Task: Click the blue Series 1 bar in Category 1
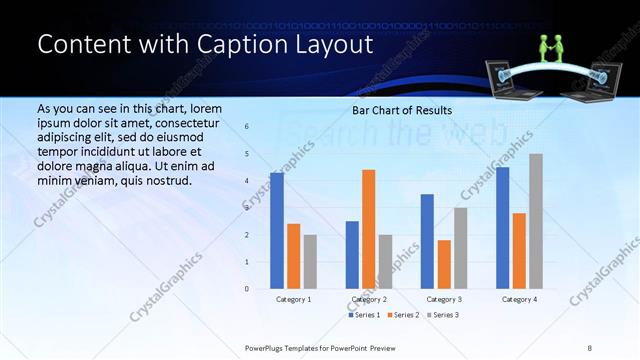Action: point(277,231)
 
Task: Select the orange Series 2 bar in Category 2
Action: point(368,229)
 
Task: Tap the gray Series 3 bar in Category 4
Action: point(536,221)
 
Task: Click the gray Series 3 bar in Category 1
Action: point(310,262)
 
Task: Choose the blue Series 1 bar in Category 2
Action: point(352,255)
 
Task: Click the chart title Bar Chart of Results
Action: point(402,110)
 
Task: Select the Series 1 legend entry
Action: point(363,315)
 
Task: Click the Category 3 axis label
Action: point(443,299)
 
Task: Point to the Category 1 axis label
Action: point(293,299)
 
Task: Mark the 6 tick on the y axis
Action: point(247,127)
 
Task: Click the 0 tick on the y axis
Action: point(247,289)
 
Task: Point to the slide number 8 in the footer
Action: point(590,347)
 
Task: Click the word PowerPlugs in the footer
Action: point(267,347)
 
